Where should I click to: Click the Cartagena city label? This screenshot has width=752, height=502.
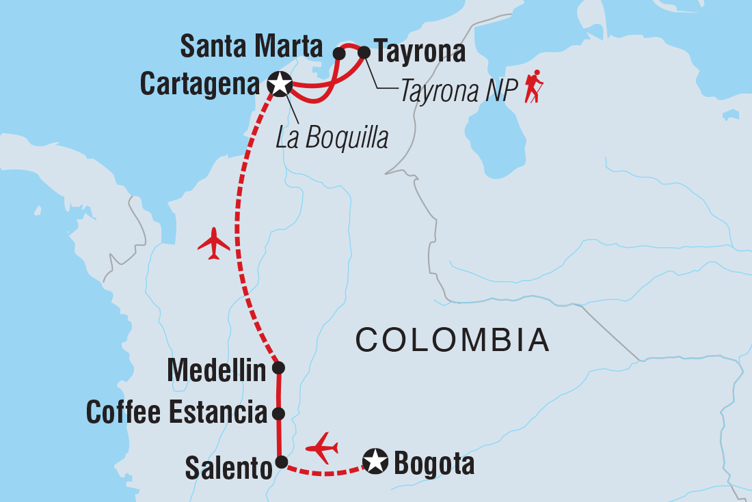(199, 84)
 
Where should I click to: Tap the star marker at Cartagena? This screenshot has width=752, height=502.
(280, 84)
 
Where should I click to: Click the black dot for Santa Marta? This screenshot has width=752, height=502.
(338, 52)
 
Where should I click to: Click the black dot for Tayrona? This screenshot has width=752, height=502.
(364, 51)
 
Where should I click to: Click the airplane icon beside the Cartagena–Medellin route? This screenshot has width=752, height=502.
(214, 243)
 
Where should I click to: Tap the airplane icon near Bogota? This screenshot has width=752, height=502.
(322, 448)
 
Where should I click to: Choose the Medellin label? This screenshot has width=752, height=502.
(216, 372)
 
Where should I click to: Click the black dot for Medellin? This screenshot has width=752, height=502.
(278, 368)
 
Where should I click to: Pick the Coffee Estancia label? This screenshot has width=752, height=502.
(176, 413)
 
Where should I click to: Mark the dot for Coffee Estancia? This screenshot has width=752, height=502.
(278, 413)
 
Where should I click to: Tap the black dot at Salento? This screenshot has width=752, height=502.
(280, 462)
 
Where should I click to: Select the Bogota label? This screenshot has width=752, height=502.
(433, 464)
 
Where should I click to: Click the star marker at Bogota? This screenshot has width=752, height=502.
(375, 461)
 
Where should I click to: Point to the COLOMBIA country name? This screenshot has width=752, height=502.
(453, 340)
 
